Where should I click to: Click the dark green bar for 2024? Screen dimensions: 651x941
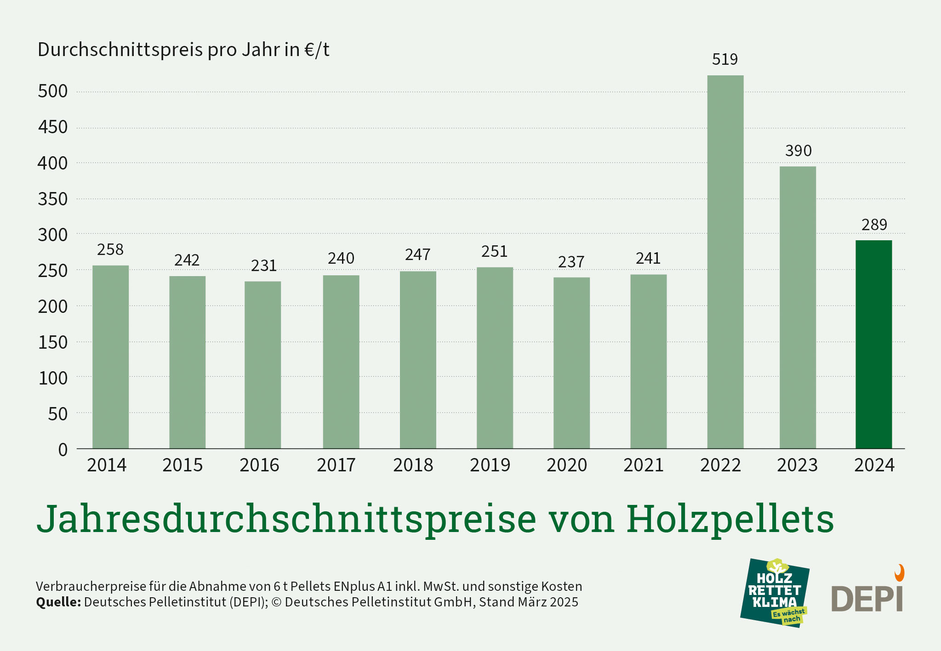pos(873,344)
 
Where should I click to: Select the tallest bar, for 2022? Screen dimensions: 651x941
pos(725,262)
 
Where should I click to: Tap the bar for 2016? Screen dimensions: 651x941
pos(262,365)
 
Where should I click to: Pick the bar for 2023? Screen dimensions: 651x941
pos(798,307)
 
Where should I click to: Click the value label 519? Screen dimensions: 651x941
pos(724,59)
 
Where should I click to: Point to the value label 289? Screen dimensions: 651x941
pos(874,225)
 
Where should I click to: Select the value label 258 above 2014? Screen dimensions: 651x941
pos(110,249)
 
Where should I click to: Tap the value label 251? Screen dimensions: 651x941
pos(494,251)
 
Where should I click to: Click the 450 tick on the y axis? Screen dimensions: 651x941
pos(53,127)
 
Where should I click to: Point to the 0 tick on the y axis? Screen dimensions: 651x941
pos(63,450)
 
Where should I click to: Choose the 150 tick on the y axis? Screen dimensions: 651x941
pos(53,342)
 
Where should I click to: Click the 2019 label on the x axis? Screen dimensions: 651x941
pos(490,465)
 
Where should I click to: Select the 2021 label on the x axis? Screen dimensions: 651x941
pos(644,465)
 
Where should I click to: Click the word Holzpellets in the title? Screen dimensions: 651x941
pos(730,519)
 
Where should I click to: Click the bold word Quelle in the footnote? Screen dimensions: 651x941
pos(58,602)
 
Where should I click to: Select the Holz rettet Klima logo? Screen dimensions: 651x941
pos(775,593)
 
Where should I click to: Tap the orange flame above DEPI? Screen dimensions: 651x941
pos(899,573)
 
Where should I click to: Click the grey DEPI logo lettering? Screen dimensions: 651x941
pos(867,599)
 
